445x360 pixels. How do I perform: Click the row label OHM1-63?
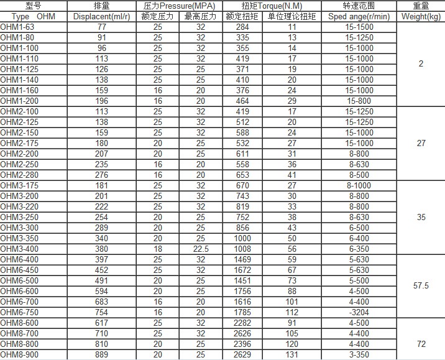(17, 27)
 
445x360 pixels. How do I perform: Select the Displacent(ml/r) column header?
(101, 16)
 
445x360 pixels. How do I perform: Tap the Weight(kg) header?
(421, 16)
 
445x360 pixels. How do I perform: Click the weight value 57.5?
(421, 286)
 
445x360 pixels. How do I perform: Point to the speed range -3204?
(359, 312)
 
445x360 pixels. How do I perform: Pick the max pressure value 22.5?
(200, 249)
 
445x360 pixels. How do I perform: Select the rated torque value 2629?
(242, 354)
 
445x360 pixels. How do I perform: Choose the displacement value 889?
(102, 354)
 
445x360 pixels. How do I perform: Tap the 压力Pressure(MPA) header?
(179, 6)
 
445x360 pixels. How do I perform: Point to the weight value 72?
(421, 344)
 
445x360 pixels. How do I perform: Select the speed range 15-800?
(359, 101)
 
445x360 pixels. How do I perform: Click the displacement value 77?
(102, 27)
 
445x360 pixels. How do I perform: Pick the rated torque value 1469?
(242, 259)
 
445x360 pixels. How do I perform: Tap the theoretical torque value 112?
(291, 312)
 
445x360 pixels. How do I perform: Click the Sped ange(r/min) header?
(359, 16)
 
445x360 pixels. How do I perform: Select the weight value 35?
(421, 217)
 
